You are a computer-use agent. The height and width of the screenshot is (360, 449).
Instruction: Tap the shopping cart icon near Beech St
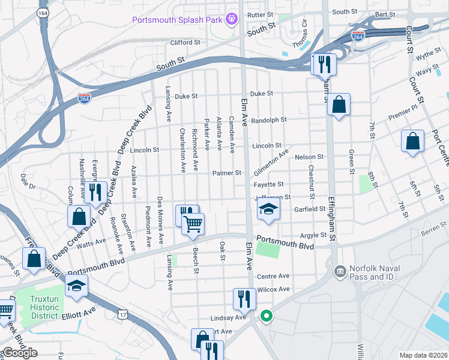[193, 224]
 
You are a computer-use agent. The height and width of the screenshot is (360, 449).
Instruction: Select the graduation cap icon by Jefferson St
[268, 209]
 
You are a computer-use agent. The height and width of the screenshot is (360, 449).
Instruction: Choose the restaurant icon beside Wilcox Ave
[244, 298]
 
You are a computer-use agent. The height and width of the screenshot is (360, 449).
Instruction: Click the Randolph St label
[269, 120]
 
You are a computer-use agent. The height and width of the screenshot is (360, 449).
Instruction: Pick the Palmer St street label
[227, 173]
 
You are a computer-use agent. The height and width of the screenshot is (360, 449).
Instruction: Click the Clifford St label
[185, 43]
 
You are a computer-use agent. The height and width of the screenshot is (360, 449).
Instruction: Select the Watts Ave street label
[91, 244]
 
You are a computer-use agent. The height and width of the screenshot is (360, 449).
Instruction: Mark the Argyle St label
[313, 236]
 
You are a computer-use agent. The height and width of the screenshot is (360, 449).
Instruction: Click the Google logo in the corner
[19, 353]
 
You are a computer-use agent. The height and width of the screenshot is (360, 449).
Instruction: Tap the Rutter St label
[261, 14]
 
